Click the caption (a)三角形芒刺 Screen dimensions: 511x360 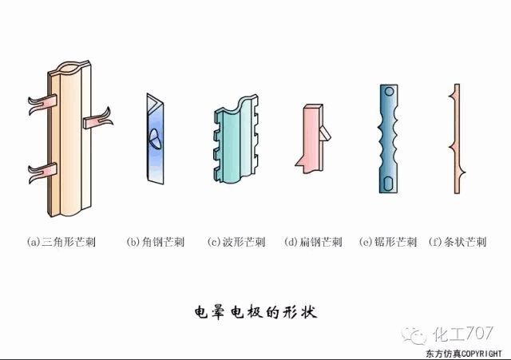click(61, 242)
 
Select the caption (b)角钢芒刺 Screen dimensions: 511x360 click(156, 242)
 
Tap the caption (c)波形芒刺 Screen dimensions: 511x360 click(236, 242)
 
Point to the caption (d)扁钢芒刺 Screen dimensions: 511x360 click(314, 242)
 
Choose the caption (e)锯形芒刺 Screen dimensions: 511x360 click(388, 242)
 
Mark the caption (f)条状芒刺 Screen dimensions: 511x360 click(458, 242)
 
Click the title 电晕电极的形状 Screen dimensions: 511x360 click(255, 312)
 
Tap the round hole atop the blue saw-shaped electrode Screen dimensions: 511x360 click(389, 91)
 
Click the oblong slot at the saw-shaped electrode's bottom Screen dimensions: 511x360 click(388, 183)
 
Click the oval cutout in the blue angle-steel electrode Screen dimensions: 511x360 click(155, 139)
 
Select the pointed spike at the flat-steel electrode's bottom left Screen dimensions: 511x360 click(301, 161)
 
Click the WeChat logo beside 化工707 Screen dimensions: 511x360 click(414, 335)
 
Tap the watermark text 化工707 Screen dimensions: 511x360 click(463, 334)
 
